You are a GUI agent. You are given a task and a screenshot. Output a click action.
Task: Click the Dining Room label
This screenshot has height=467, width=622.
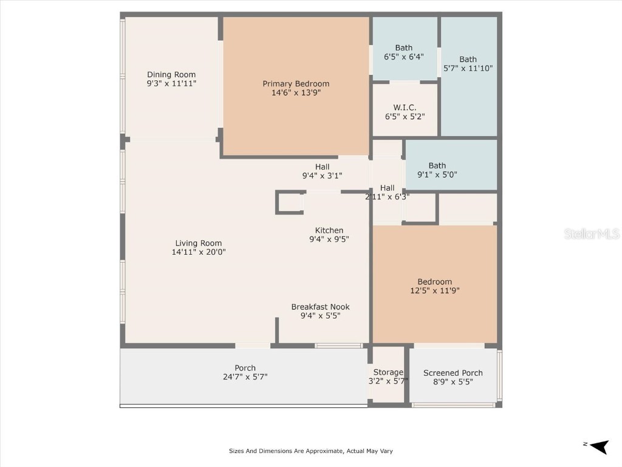171,75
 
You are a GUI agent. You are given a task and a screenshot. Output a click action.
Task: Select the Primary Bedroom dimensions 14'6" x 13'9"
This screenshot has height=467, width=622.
296,93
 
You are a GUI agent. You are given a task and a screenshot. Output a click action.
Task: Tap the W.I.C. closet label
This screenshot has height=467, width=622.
405,108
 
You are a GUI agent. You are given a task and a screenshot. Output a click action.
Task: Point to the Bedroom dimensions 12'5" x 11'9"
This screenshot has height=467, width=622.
434,291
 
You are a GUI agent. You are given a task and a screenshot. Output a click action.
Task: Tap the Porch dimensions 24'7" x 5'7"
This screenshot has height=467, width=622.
245,377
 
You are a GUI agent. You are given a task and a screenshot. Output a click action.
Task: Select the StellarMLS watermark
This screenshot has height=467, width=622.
591,233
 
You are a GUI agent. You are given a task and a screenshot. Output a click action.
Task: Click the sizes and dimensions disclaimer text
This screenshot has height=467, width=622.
310,451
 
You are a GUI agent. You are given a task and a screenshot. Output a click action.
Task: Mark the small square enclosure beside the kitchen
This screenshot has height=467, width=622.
290,202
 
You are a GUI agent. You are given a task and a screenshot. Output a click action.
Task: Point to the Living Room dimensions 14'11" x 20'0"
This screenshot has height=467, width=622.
199,252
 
